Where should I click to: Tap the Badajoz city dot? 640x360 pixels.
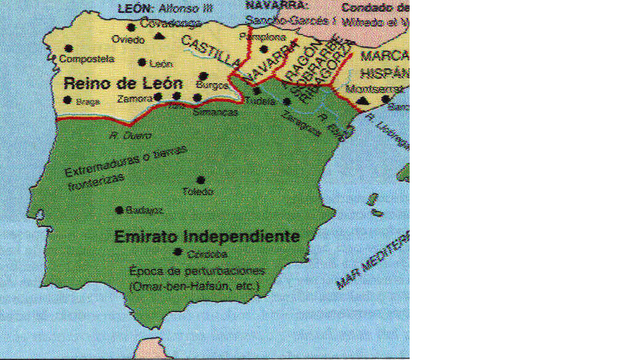120,209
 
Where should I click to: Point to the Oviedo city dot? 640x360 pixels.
130,28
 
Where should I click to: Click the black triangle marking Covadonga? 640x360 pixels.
160,37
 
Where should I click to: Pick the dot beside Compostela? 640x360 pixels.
67,48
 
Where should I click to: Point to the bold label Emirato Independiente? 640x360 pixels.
207,237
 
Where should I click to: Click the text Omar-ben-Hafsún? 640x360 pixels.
170,287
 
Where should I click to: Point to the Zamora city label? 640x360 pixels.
133,97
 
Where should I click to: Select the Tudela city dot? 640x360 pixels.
257,90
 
